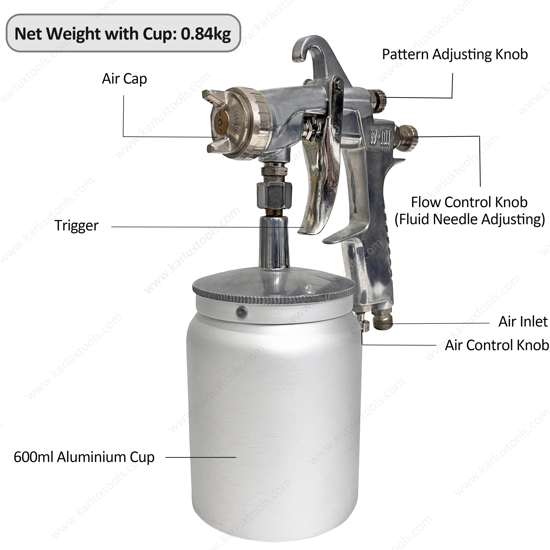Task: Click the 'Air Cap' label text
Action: pyautogui.click(x=124, y=79)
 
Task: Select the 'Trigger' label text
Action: pyautogui.click(x=76, y=225)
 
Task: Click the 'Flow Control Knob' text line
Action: pyautogui.click(x=469, y=202)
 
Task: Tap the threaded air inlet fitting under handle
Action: pyautogui.click(x=383, y=322)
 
